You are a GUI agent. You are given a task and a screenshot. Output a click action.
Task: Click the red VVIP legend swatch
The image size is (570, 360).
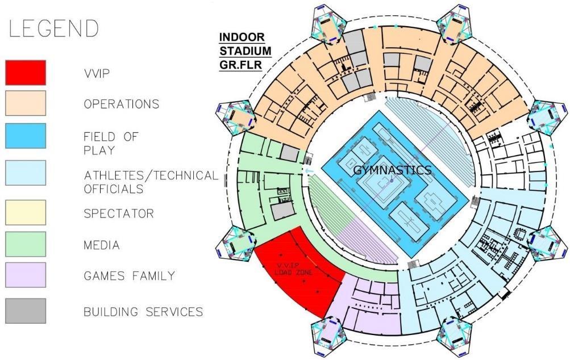click(x=26, y=72)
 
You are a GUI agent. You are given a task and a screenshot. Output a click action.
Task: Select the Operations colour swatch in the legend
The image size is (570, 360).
click(x=26, y=103)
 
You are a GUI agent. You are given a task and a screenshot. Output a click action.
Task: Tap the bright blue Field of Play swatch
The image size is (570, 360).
click(x=26, y=136)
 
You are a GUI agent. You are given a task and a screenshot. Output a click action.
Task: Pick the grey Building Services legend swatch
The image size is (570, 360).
click(x=26, y=311)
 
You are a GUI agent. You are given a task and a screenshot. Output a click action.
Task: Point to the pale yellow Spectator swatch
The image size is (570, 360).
click(x=26, y=213)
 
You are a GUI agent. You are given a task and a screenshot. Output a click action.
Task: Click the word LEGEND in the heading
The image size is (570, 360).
click(x=52, y=28)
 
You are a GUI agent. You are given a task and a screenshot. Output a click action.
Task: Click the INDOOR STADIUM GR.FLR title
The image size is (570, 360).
click(x=245, y=51)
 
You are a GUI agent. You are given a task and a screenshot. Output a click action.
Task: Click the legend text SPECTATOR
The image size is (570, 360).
click(x=118, y=214)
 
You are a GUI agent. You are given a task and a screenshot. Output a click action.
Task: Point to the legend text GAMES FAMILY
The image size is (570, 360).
click(x=129, y=277)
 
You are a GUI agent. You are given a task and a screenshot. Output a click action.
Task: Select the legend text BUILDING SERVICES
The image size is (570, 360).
click(x=143, y=312)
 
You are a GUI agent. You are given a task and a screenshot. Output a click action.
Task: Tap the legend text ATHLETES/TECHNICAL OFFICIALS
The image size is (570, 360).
click(x=151, y=182)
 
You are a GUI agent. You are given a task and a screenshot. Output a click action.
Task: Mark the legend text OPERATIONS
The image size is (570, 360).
click(x=121, y=104)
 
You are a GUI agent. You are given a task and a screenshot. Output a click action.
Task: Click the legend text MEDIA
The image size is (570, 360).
click(x=102, y=245)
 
